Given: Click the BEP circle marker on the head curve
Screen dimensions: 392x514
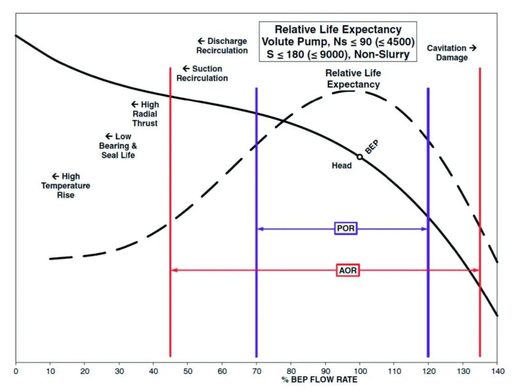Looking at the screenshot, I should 360,157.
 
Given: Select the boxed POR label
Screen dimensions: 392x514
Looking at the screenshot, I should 346,229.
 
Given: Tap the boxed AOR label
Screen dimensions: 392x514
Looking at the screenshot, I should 347,271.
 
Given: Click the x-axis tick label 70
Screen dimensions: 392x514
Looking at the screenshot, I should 257,371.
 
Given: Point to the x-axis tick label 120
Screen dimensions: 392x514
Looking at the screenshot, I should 428,371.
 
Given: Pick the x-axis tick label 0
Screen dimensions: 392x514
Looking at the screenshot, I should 16,371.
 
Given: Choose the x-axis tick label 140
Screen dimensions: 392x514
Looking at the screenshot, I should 497,371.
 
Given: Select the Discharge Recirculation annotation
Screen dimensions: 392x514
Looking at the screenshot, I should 222,46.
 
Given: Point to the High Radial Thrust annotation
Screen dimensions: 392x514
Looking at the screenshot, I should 145,114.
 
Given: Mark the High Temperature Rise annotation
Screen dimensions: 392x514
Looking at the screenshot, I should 65,185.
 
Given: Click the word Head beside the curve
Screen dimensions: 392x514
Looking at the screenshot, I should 342,166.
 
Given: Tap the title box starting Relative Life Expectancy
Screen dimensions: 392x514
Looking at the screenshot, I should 338,42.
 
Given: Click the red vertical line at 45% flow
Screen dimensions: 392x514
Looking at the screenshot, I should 170,214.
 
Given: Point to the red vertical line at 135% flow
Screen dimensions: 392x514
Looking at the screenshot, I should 480,191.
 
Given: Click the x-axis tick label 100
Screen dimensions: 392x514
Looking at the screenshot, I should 360,371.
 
